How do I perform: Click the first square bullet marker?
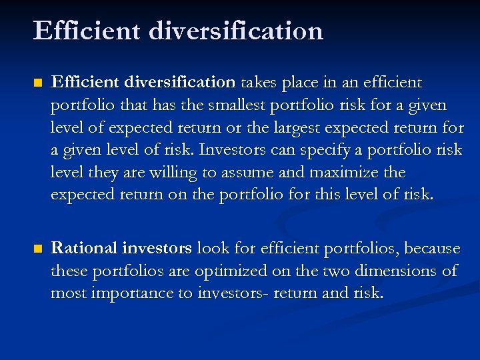pyautogui.click(x=38, y=83)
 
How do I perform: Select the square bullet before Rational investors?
pyautogui.click(x=38, y=249)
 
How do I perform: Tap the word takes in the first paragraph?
pyautogui.click(x=258, y=83)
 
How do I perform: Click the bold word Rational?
pyautogui.click(x=84, y=249)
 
